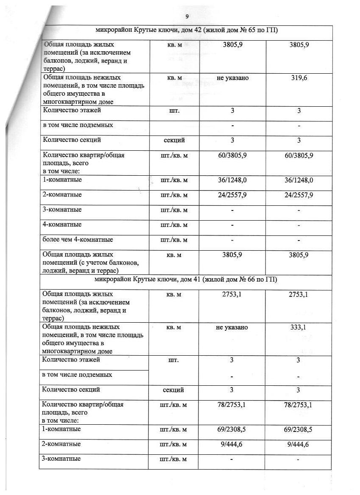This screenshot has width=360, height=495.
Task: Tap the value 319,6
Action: point(299,78)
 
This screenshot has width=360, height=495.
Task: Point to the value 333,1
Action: point(299,327)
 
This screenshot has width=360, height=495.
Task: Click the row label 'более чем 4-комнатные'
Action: point(78,240)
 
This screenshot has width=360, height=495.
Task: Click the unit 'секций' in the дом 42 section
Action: point(174,140)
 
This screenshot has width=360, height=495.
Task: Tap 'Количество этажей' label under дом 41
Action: point(71,360)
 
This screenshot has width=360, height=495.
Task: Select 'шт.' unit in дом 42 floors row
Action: point(174,111)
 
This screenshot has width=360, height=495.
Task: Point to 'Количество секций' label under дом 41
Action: point(71,390)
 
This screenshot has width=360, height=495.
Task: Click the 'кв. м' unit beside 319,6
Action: point(174,78)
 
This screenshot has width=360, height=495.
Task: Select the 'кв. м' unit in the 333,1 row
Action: point(174,327)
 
